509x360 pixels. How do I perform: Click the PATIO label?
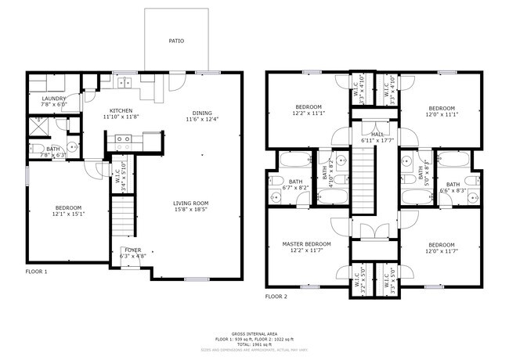[176, 40]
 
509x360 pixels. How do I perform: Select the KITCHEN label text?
[121, 110]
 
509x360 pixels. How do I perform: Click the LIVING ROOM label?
[191, 203]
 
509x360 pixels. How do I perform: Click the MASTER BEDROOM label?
[306, 244]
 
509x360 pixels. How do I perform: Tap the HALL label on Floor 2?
[378, 134]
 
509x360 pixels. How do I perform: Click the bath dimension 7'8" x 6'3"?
[51, 155]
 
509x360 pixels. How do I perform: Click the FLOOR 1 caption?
[36, 272]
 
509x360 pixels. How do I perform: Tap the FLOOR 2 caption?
[276, 297]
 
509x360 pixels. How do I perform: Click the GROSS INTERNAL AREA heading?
[254, 333]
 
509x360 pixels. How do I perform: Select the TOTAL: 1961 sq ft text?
[254, 344]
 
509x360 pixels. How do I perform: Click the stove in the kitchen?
[124, 141]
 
